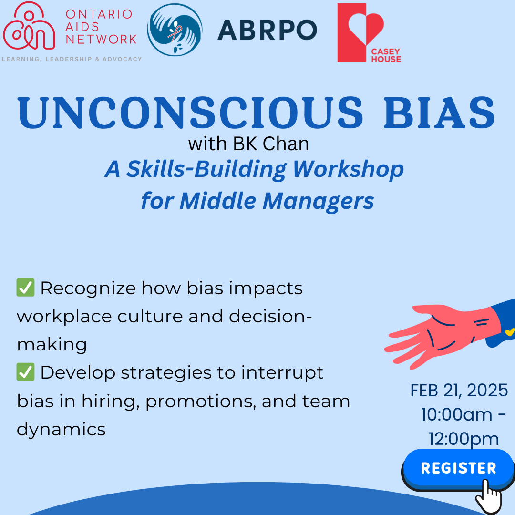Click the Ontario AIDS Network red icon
pos(29,26)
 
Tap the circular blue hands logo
pos(175,30)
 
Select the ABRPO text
pos(267,30)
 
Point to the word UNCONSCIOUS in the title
pos(190,113)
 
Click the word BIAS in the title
pos(439,113)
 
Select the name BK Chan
pos(271,144)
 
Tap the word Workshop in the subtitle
pos(348,169)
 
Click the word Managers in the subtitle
pos(318,201)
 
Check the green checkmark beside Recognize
pos(25,288)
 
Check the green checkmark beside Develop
pos(25,372)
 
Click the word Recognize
pos(88,288)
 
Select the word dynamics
pos(61,430)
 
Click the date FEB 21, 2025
pos(459,391)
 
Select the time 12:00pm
pos(463,440)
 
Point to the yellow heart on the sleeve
pos(510,332)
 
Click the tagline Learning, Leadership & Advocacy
pos(72,59)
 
